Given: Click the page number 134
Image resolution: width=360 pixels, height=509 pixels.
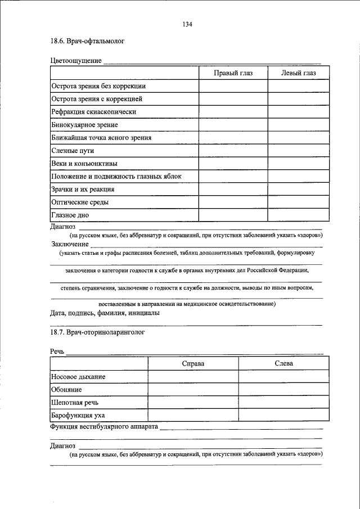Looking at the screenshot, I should point(188,24).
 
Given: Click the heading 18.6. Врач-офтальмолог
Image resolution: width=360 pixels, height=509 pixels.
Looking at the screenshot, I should point(87,41).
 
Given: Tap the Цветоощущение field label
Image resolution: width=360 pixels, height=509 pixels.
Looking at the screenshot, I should point(75,60).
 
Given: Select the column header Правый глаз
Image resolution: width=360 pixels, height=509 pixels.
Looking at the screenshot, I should point(233,73).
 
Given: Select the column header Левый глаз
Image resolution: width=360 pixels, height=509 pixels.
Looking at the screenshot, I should point(299,73).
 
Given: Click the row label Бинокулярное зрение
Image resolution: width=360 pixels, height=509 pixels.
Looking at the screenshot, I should point(84,124).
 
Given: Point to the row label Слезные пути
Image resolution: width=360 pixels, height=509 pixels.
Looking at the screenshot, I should point(72,151).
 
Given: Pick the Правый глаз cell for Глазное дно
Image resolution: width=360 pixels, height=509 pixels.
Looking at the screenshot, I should point(233,215).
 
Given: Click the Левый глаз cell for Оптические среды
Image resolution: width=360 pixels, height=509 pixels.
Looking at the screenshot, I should point(299,202).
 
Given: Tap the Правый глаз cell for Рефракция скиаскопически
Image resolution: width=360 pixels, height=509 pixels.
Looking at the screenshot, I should point(233,111).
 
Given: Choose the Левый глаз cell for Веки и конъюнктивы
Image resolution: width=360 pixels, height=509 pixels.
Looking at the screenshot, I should point(299,164).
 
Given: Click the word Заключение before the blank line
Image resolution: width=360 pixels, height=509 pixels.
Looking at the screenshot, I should point(70,244).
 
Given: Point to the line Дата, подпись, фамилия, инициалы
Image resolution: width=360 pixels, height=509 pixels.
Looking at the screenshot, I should point(105,313).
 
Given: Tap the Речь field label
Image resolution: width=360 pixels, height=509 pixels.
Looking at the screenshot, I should point(57,352).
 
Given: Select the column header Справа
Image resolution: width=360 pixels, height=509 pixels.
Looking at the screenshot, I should point(193,364).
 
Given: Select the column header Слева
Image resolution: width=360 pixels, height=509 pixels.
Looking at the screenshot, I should point(283,364).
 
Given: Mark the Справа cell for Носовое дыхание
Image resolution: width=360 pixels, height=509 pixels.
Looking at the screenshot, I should point(193,377).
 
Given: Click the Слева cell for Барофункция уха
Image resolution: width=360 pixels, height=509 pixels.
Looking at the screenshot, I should point(283,416).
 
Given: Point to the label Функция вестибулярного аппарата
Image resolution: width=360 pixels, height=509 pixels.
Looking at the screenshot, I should point(104,427).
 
